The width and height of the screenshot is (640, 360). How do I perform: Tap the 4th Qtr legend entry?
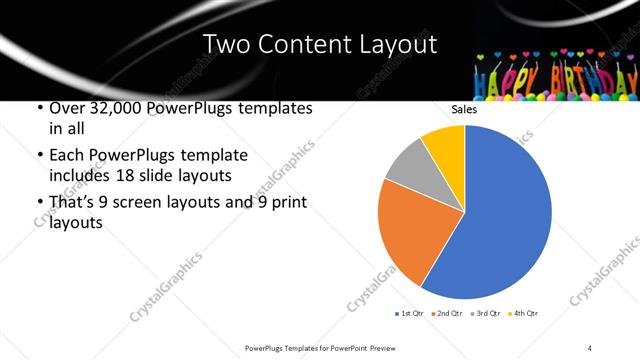pos(523,314)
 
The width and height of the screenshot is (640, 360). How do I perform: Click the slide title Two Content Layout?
pos(320,44)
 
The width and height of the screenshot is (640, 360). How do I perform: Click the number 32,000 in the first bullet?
pos(113,108)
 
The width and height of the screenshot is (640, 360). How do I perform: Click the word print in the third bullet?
pos(284,203)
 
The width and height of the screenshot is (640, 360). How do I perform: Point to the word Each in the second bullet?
pos(67,156)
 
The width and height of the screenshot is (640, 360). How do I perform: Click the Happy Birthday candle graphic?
pos(555,75)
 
